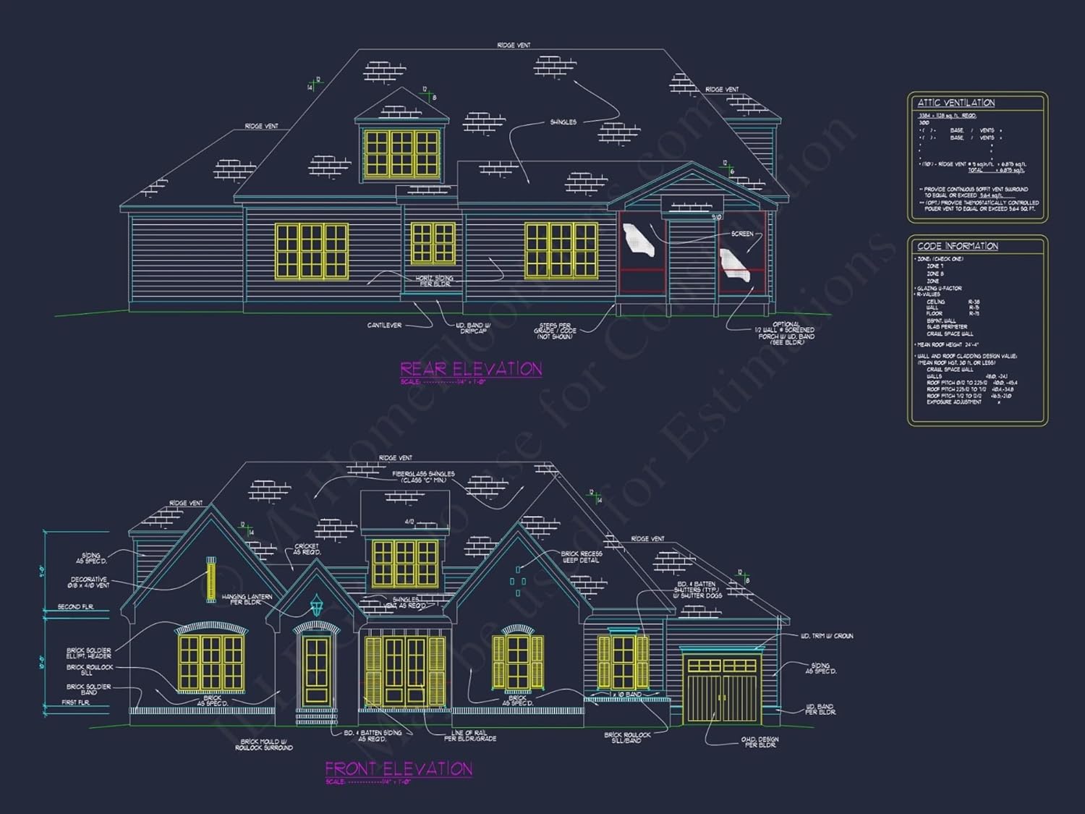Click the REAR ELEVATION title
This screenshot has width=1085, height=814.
[x=471, y=369]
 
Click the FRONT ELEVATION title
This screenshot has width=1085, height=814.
[x=399, y=768]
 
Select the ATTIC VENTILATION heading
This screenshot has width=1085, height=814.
[x=956, y=103]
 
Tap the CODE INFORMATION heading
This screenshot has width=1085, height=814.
[x=957, y=246]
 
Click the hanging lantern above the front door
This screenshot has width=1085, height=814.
[x=316, y=605]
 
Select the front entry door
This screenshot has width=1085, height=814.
[x=317, y=669]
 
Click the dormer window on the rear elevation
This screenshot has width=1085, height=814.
[x=401, y=153]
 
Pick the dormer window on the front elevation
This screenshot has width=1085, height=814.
[x=404, y=563]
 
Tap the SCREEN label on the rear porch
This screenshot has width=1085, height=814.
[x=742, y=234]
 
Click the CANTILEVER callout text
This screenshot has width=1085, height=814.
[x=384, y=325]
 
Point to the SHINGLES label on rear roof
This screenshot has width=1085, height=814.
[x=563, y=122]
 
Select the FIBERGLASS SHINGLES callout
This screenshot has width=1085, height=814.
[x=423, y=477]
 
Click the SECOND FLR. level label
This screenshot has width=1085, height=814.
[x=75, y=606]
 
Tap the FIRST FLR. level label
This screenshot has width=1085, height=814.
[x=75, y=703]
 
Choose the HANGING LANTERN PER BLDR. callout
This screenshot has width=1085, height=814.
[x=247, y=599]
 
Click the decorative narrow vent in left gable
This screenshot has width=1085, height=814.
[x=211, y=580]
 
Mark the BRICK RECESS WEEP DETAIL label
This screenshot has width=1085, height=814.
[x=581, y=556]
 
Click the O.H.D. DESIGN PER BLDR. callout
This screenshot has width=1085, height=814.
[x=759, y=742]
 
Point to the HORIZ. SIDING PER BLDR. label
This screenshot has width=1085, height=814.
[x=434, y=281]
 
